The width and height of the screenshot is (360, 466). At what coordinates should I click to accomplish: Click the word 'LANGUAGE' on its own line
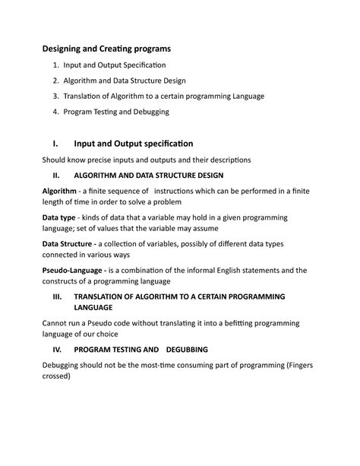click(x=93, y=307)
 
